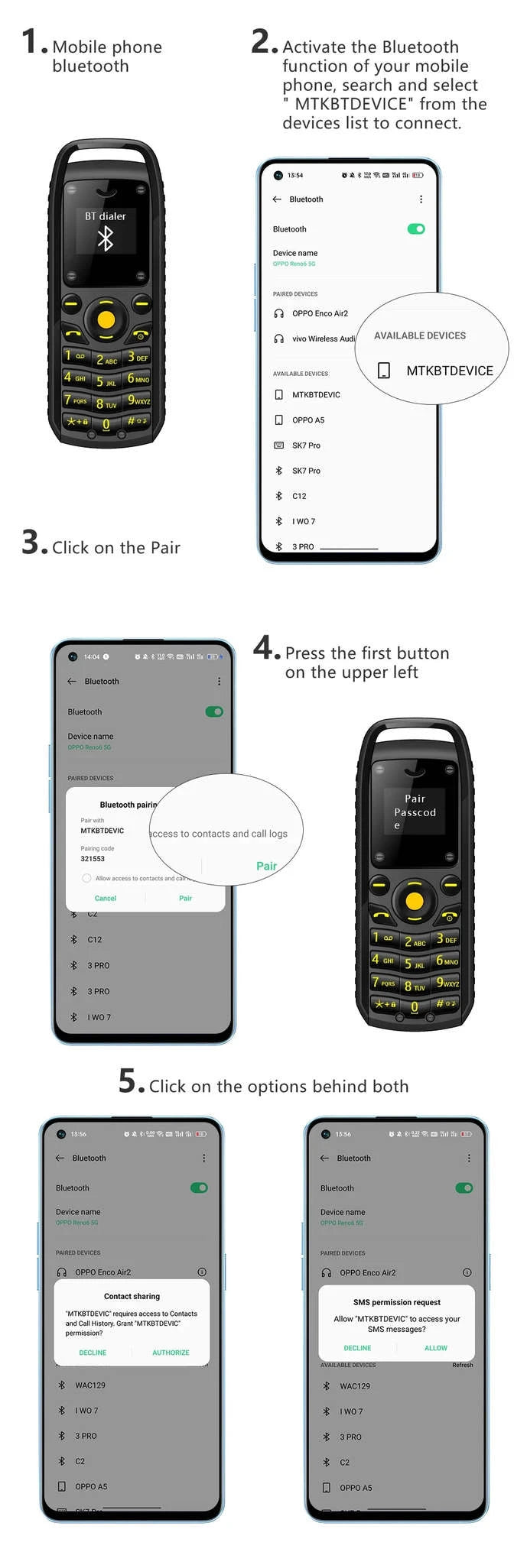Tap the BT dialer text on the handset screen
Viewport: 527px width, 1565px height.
106,216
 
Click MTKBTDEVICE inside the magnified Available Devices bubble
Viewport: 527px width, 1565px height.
449,371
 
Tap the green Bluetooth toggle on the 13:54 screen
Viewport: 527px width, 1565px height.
416,229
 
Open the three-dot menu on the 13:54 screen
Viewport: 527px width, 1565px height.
421,199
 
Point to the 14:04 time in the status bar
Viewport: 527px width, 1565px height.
92,656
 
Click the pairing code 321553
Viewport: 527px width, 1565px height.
93,859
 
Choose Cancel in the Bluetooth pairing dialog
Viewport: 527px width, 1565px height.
106,899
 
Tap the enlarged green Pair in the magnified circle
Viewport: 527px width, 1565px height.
266,866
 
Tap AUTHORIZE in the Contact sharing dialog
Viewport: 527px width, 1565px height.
171,1353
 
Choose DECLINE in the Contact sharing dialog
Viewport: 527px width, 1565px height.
93,1353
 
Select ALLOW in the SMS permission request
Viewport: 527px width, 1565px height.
436,1348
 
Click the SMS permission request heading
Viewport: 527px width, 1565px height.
397,1302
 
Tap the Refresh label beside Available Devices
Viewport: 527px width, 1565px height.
462,1365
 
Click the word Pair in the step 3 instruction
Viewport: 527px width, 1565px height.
165,548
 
